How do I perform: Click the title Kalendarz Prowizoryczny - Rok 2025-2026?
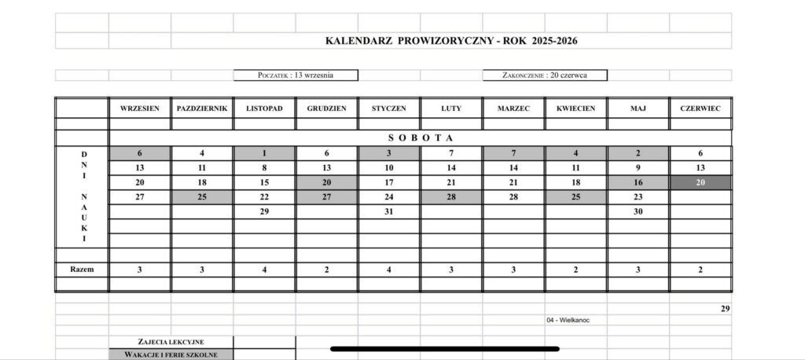coord(456,40)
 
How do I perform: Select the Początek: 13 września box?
coord(296,75)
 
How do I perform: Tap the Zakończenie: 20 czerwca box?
coord(545,75)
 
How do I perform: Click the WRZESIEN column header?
coord(139,108)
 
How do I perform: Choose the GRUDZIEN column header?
coord(326,108)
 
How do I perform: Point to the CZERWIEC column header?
coord(700,108)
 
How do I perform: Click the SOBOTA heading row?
coord(420,138)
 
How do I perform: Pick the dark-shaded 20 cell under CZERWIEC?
coord(700,182)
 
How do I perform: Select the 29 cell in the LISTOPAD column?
coord(264,211)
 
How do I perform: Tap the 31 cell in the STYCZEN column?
coord(388,211)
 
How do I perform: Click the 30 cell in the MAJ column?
coord(638,211)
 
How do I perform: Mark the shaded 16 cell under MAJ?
coord(638,182)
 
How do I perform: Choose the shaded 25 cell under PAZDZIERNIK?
coord(202,197)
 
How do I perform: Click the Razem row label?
coord(81,269)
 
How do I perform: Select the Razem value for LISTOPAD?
coord(264,269)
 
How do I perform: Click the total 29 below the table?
coord(725,309)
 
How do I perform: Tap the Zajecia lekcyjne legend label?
coord(170,342)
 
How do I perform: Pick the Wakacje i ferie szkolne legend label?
coord(170,354)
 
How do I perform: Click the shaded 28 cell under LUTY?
coord(451,197)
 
